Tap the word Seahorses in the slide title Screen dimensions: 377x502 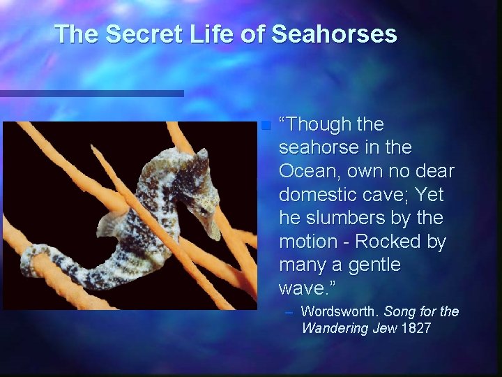pos(334,34)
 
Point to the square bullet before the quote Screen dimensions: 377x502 pos(264,126)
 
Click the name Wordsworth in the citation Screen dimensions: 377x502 pos(340,311)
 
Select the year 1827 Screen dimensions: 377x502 pos(416,327)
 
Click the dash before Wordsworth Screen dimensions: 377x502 pos(289,311)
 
